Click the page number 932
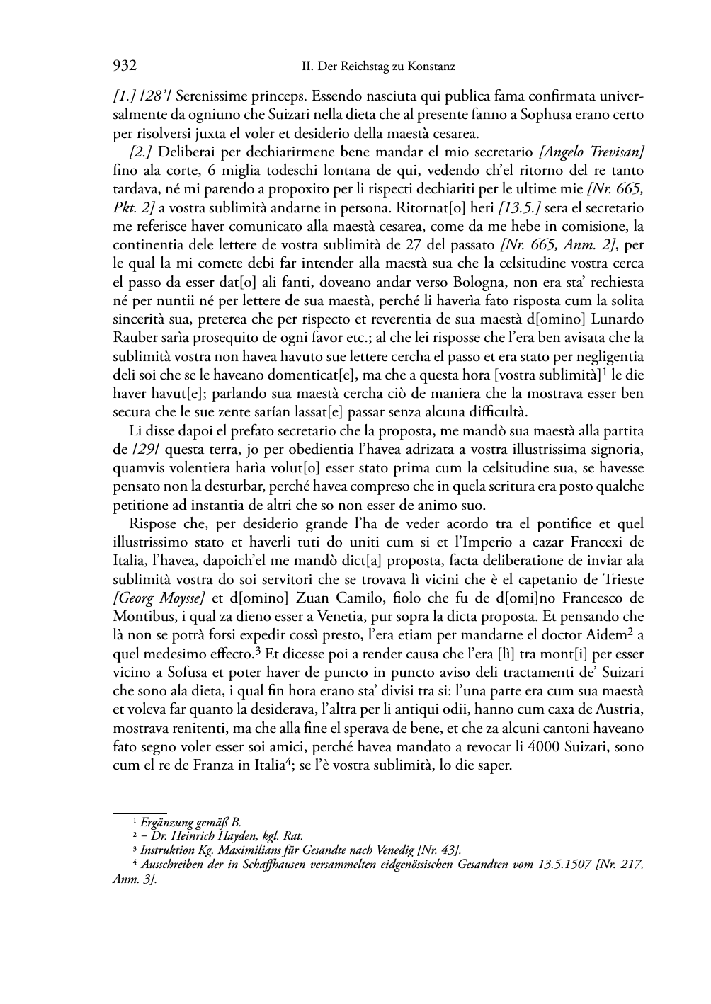coord(125,67)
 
